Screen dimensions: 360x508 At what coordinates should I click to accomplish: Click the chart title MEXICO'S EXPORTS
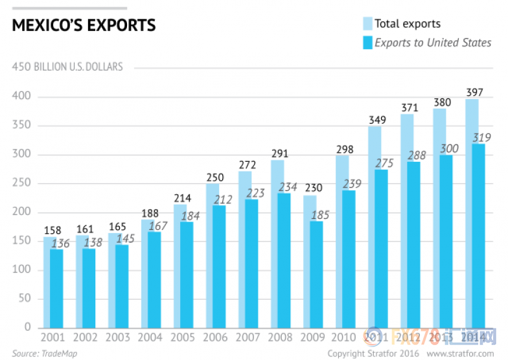(84, 26)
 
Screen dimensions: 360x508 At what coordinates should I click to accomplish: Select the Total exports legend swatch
(367, 24)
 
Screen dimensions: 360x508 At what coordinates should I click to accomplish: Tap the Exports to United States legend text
(433, 43)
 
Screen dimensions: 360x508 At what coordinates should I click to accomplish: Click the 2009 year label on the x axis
(312, 338)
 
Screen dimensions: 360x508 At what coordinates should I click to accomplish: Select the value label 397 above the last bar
(474, 92)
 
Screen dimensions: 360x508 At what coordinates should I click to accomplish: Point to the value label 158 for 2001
(52, 230)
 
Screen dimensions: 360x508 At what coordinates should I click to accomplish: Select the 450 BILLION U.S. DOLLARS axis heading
(67, 67)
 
